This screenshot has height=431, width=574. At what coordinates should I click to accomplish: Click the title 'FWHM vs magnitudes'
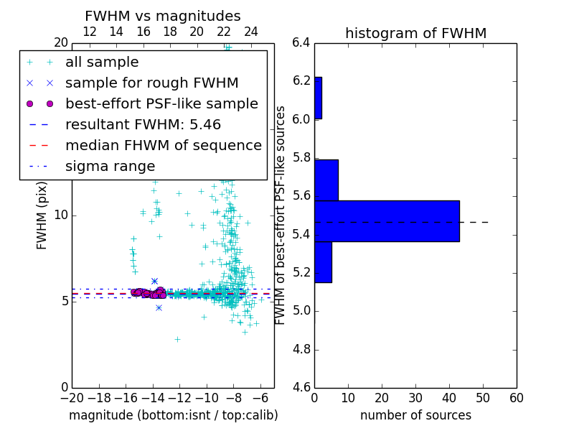click(x=162, y=16)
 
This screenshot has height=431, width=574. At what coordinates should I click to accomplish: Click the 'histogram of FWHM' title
click(x=415, y=33)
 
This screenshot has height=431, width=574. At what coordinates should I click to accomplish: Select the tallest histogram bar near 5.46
click(x=387, y=221)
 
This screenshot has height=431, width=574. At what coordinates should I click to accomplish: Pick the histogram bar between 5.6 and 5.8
click(x=326, y=180)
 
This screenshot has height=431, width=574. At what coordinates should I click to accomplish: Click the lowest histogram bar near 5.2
click(x=323, y=261)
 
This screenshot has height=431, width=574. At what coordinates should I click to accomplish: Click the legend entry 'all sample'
click(x=102, y=62)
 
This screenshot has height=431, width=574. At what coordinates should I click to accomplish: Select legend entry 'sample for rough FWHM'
click(x=151, y=83)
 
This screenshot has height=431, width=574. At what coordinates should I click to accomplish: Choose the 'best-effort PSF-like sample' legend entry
click(x=161, y=104)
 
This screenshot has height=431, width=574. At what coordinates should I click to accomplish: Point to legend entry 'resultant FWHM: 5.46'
click(x=143, y=125)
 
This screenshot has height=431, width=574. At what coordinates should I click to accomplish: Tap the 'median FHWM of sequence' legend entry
click(x=163, y=146)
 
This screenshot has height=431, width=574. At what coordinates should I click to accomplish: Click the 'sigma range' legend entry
click(x=110, y=167)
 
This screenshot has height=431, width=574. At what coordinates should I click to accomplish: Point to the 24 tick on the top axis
click(x=251, y=32)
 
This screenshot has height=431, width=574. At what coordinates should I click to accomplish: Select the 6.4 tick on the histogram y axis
click(x=301, y=42)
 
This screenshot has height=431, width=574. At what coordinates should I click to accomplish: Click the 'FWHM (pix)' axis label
click(x=42, y=215)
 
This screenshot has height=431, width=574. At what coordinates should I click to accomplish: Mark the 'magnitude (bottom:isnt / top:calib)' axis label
click(x=173, y=415)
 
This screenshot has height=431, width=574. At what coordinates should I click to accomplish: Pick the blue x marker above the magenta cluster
click(x=154, y=281)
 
